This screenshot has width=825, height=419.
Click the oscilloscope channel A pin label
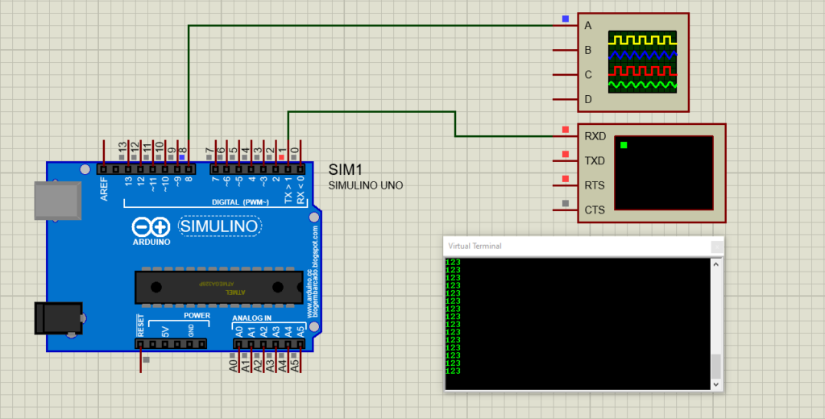point(588,26)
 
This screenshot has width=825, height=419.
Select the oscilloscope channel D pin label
point(588,100)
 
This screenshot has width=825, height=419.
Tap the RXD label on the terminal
point(595,137)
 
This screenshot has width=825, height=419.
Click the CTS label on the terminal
point(595,210)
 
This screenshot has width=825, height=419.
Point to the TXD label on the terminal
point(595,161)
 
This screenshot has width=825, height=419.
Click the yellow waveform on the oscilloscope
point(642,39)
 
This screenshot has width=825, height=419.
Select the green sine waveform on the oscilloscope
point(642,84)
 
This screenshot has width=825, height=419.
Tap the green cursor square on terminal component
point(624,145)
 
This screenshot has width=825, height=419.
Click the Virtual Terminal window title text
point(475,246)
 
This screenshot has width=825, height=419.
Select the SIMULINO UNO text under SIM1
point(366,186)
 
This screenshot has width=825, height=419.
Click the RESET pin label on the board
point(140,326)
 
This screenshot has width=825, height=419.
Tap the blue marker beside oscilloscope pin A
point(566,18)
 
